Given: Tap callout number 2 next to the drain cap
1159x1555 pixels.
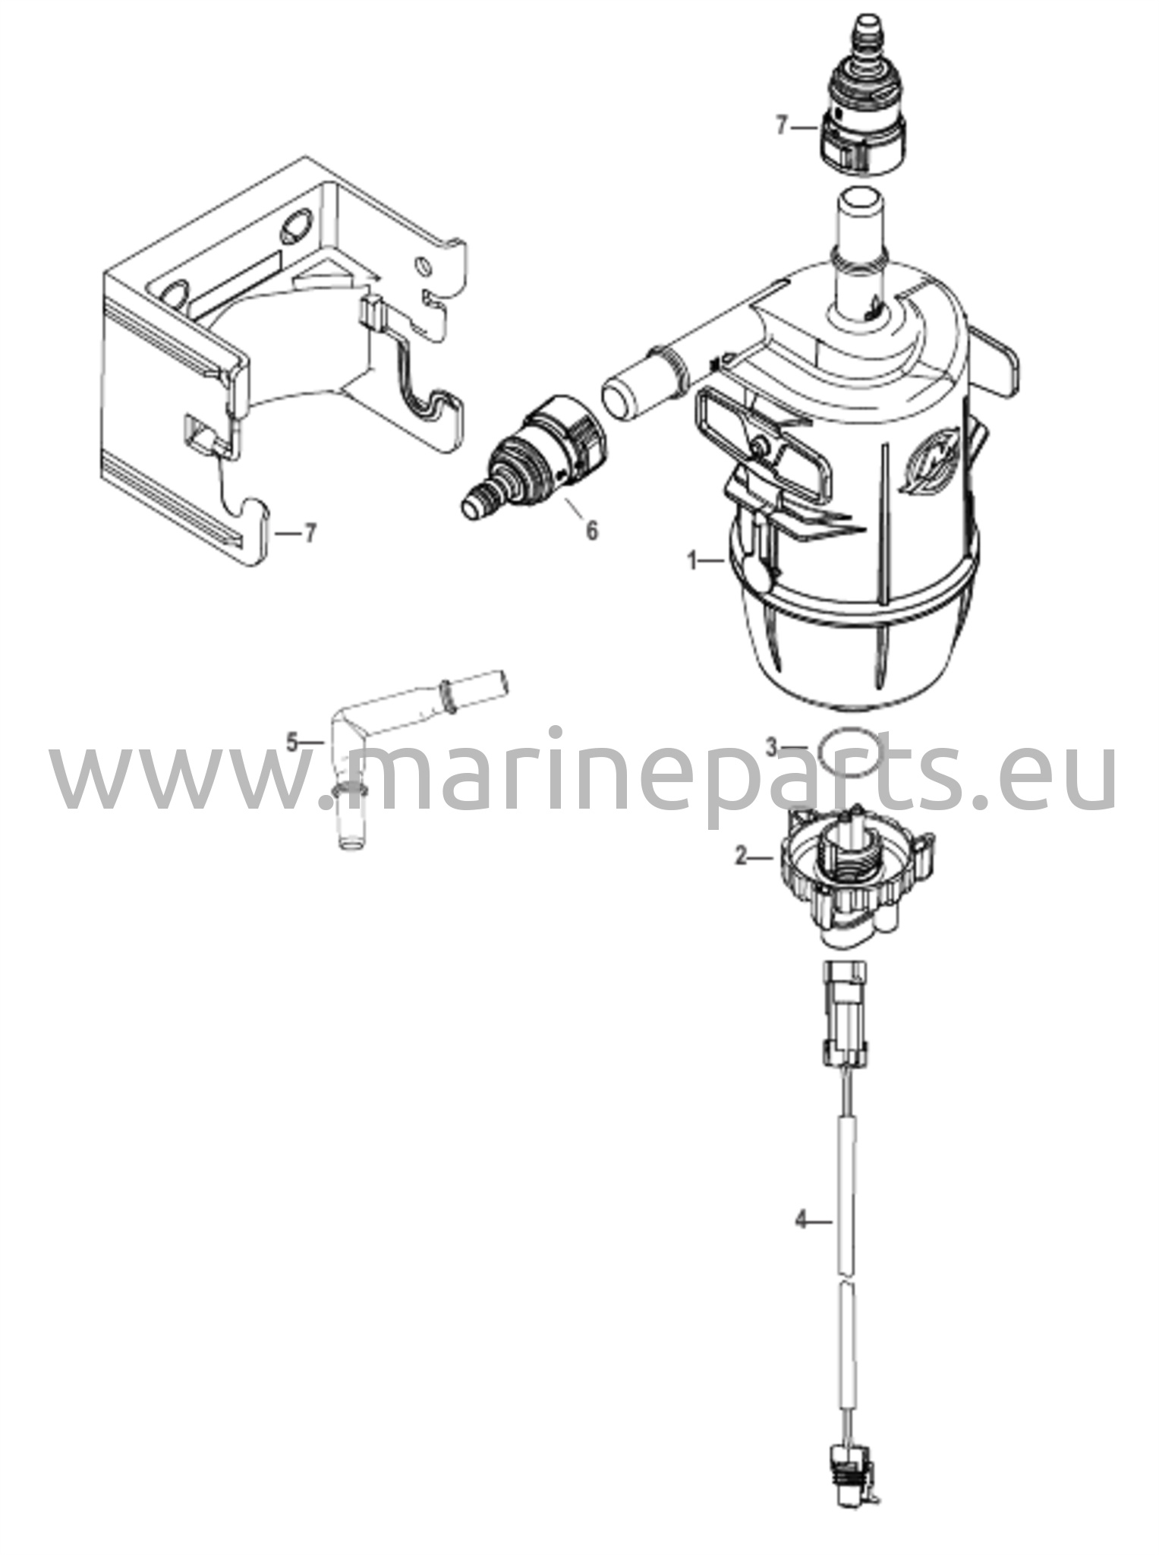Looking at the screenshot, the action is (x=742, y=857).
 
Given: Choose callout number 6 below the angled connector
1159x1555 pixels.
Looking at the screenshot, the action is (x=591, y=531).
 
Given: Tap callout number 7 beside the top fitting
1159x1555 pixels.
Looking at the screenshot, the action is (x=783, y=126).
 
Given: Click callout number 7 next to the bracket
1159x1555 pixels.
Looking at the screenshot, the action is (x=309, y=534).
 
